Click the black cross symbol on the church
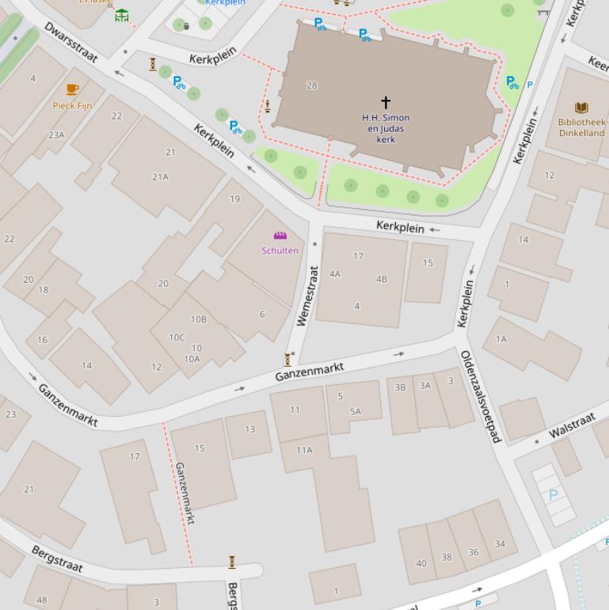coord(386,102)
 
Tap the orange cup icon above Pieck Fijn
coord(72,90)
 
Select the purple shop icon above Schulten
coord(280,236)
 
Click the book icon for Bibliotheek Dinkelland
coord(581,108)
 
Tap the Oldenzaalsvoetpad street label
coord(481,396)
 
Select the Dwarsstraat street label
coord(70,41)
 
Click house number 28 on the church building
coord(311,86)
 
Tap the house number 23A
coord(56,135)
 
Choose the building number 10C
coord(176,337)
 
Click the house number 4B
coord(382,279)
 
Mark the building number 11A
coord(304,450)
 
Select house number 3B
coord(400,387)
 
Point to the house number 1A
coord(501,339)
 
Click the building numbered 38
coord(447,557)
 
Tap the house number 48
coord(41,600)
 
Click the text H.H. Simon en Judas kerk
coord(386,128)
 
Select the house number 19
coord(234,199)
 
